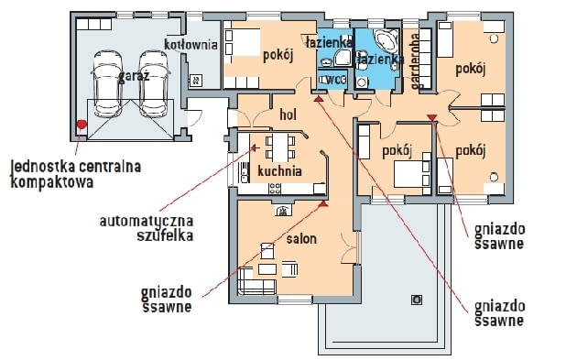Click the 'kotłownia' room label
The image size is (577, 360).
[191, 44]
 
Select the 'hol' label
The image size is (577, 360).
[288, 116]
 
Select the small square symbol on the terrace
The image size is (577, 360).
[417, 298]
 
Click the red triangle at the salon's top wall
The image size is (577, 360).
[323, 203]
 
